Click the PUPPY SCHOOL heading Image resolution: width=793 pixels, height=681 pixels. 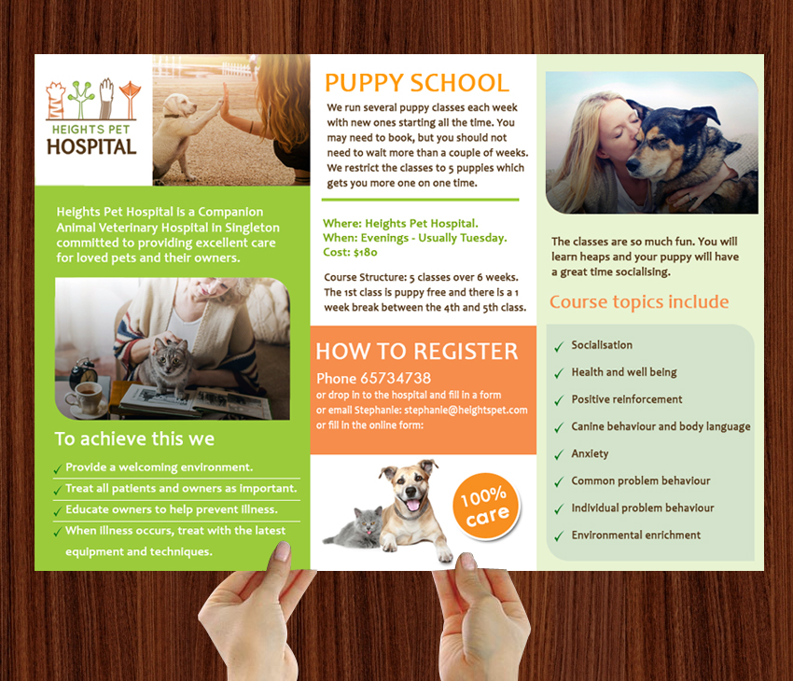point(417,82)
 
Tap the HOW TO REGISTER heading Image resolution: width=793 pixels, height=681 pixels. point(416,352)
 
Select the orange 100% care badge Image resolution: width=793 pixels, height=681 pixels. point(484,506)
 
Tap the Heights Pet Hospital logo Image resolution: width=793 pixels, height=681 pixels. point(91,118)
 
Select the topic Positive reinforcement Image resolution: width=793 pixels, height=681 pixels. point(627,399)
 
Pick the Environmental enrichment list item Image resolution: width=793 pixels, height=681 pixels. point(636,535)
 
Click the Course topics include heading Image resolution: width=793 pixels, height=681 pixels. point(639,302)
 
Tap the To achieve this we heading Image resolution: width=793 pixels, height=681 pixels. point(134,438)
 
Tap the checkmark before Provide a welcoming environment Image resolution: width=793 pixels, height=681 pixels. point(58,468)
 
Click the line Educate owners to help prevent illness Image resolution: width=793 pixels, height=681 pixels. point(171,510)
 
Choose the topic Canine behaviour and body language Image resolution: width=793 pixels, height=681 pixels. point(661,426)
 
